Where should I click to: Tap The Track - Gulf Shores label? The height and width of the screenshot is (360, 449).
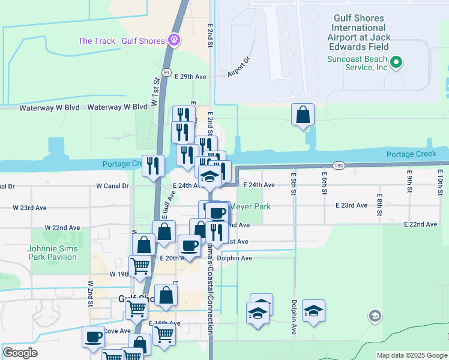click(x=121, y=41)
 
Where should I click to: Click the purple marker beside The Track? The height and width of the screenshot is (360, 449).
click(x=174, y=40)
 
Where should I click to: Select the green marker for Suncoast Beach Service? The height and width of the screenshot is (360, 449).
click(x=396, y=62)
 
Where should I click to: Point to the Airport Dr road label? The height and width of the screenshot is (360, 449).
click(x=238, y=68)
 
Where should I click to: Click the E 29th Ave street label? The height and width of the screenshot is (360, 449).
click(x=190, y=77)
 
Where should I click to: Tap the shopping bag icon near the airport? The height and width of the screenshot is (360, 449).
click(x=303, y=114)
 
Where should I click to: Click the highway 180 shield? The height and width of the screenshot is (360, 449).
click(x=340, y=165)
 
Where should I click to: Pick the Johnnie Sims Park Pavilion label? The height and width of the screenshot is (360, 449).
click(x=52, y=253)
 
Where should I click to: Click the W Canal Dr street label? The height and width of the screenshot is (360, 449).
click(x=112, y=186)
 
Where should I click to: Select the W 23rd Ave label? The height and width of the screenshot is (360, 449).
click(x=30, y=208)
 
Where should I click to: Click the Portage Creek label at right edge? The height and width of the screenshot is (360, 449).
click(x=411, y=154)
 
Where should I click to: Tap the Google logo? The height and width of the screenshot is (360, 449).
click(x=20, y=353)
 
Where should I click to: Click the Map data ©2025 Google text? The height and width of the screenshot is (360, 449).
click(x=411, y=355)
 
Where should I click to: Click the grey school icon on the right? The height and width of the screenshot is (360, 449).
click(x=375, y=316)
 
